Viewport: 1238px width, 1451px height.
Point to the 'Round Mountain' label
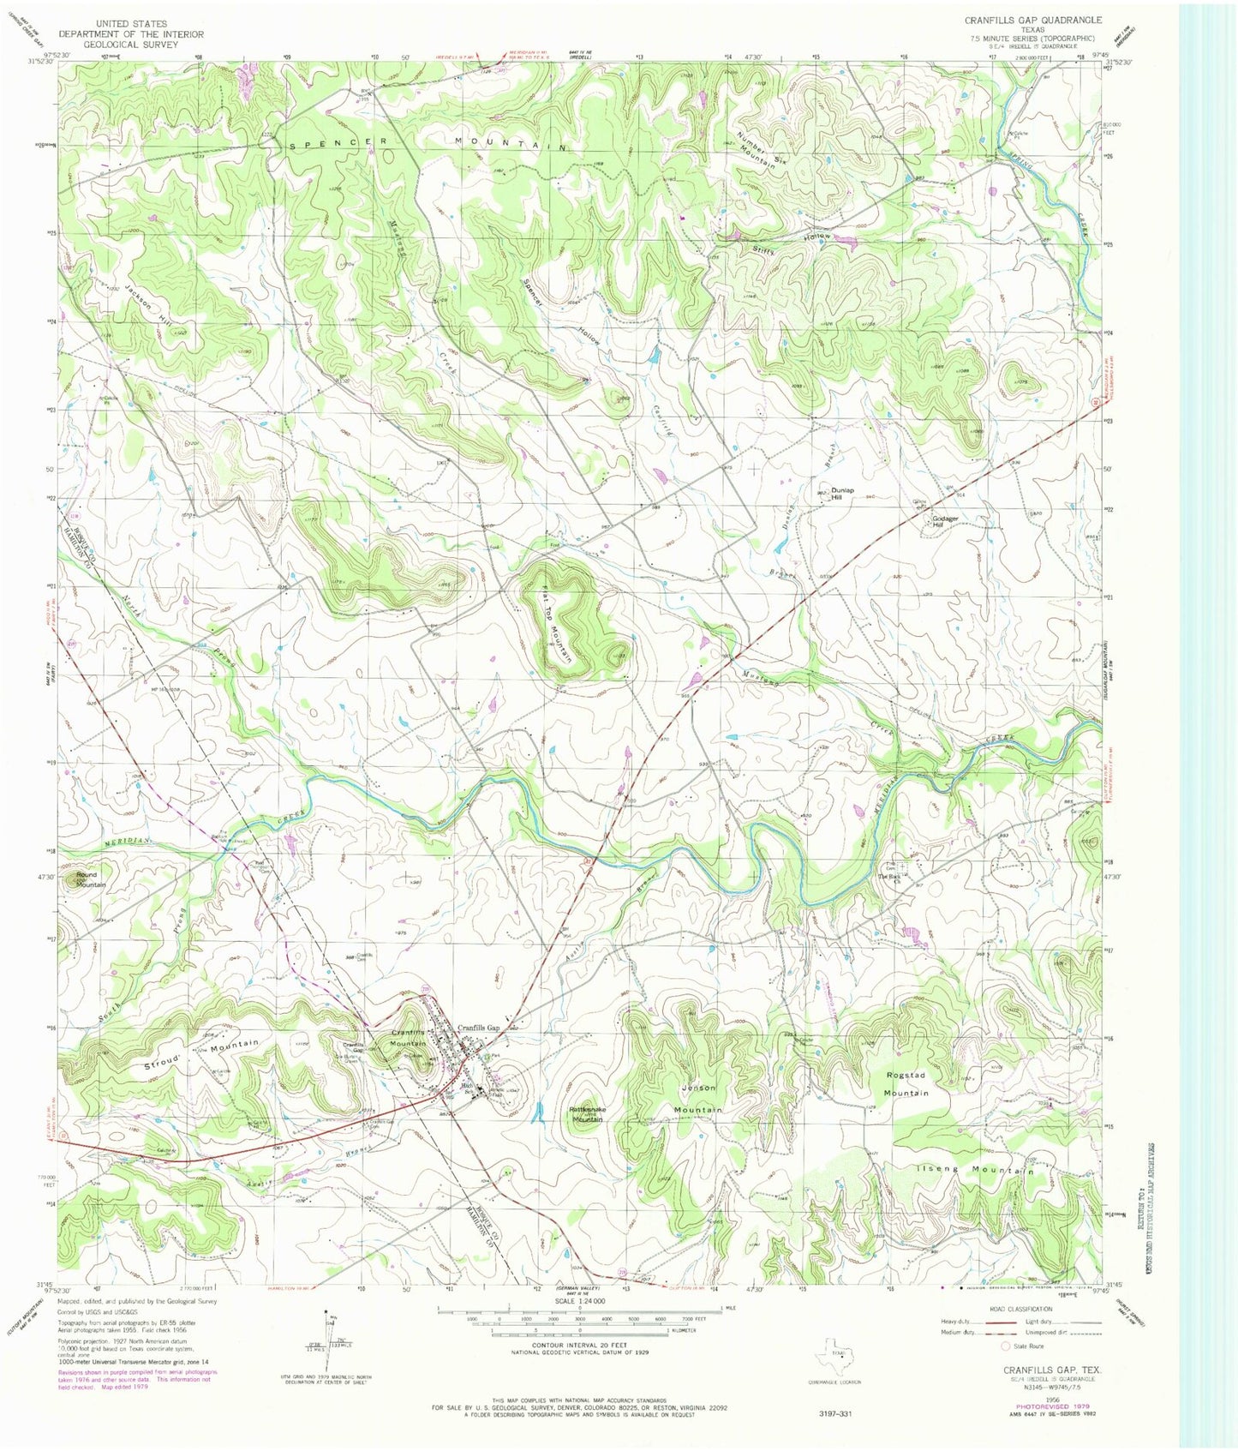pos(86,879)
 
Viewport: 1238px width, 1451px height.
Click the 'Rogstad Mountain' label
pos(906,1083)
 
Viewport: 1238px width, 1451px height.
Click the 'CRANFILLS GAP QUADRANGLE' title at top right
pos(1032,19)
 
